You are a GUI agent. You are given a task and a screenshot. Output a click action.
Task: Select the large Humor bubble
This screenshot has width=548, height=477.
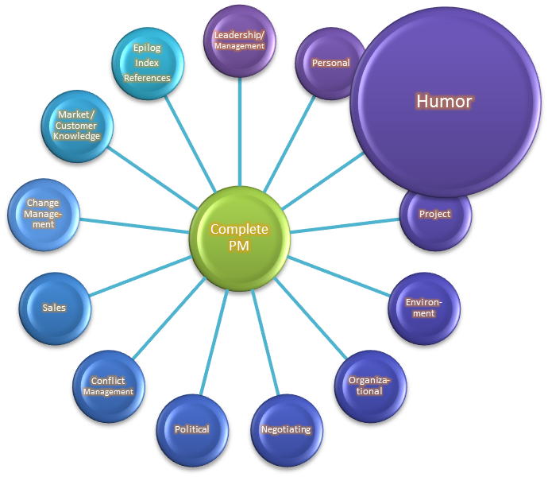444,102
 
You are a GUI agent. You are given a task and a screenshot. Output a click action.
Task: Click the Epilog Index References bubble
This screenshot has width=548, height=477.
148,62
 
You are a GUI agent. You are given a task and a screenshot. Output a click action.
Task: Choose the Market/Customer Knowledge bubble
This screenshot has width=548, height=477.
77,126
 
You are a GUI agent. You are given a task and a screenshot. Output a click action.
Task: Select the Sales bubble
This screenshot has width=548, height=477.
55,308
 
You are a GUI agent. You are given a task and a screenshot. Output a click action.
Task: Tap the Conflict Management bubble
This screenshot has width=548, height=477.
108,386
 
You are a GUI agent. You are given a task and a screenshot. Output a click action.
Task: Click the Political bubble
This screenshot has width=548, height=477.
192,429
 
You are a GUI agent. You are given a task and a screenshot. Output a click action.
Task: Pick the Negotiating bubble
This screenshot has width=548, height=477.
286,429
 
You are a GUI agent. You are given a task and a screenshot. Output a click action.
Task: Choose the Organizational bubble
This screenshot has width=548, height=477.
369,386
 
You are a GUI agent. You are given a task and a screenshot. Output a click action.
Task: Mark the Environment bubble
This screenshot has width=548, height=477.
424,308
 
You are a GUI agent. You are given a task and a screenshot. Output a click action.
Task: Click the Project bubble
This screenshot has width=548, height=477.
435,214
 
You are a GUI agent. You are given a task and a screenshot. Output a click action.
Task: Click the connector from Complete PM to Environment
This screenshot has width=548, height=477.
338,277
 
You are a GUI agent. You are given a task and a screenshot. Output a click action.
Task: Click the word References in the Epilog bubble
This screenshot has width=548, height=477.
148,78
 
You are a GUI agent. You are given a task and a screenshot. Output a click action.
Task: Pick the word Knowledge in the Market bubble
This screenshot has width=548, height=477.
77,136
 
